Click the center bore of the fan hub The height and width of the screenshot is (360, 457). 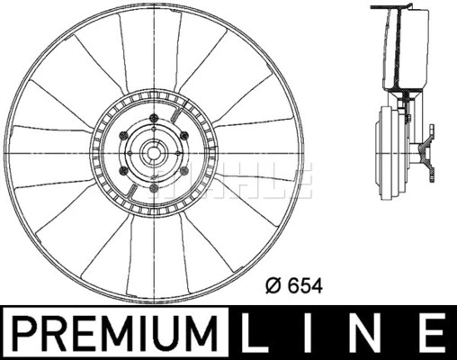[154, 155]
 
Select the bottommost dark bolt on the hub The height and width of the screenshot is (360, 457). [155, 189]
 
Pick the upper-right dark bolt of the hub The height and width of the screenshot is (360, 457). [184, 137]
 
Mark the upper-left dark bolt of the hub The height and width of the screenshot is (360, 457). [125, 138]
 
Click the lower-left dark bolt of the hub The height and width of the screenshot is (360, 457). [125, 172]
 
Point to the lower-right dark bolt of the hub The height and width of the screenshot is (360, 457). [184, 172]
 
